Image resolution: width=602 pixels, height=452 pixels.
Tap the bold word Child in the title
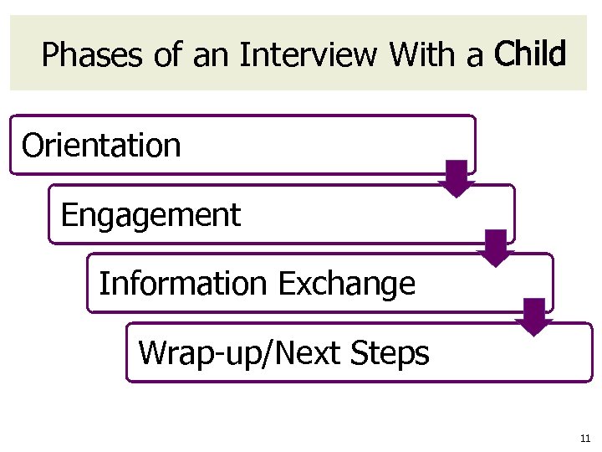[530, 54]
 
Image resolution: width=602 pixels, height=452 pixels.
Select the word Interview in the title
[308, 56]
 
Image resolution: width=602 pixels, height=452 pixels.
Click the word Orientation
[101, 146]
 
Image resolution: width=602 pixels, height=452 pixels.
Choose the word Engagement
[150, 215]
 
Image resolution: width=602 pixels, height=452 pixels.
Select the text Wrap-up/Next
[239, 353]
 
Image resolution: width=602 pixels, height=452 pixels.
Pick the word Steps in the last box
[390, 353]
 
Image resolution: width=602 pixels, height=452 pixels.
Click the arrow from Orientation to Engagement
[457, 178]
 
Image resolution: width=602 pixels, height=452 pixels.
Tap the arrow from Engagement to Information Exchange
[496, 248]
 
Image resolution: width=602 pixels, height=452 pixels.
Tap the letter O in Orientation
[33, 146]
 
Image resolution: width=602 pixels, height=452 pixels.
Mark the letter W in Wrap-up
[152, 353]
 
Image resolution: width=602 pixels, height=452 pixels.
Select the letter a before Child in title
[476, 56]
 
